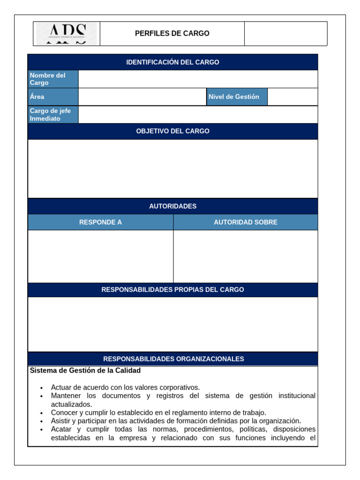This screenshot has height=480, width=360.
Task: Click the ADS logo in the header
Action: pos(67,34)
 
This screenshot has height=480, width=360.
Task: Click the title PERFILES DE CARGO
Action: pos(172,34)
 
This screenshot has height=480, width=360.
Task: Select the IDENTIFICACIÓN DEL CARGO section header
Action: pos(172,62)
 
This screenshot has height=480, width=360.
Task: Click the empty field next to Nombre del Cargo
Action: pos(197,79)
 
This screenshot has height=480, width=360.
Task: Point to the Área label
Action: pos(37,97)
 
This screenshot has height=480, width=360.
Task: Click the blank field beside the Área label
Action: pos(142,97)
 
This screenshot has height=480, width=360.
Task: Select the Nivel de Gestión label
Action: pos(234,97)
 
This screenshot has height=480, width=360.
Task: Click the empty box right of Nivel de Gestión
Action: pos(292,97)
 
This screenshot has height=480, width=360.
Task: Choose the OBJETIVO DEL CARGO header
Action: pos(172,131)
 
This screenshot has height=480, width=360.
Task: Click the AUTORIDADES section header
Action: pos(172,206)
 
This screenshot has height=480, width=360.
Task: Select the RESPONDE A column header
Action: pos(100,222)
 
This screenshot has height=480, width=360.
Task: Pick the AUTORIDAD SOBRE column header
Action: pos(245,222)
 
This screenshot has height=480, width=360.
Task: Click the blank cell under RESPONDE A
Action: pos(100,256)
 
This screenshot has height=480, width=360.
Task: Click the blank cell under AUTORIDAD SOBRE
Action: pos(245,256)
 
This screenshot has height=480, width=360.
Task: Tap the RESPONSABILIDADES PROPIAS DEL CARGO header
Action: pos(172,290)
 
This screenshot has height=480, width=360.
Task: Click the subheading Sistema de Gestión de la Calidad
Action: pos(85,370)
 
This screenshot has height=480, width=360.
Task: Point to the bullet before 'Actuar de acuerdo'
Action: pos(42,388)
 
